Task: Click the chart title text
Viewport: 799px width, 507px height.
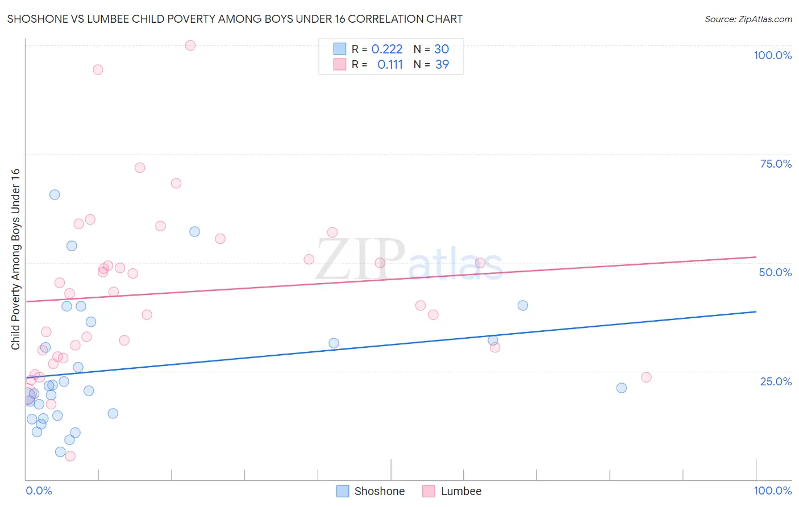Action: pos(235,19)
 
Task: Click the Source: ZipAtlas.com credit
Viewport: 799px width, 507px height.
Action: pos(748,19)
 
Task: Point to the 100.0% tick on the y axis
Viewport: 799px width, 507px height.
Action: pos(772,55)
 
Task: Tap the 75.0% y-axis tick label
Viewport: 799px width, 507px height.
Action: pos(776,164)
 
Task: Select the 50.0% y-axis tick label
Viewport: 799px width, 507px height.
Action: pos(775,272)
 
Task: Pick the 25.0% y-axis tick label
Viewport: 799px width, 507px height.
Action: pos(776,381)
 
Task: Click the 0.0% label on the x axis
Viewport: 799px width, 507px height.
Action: pos(39,491)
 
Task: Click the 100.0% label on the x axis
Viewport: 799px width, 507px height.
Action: pos(772,491)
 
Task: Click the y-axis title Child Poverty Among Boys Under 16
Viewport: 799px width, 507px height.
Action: pos(15,259)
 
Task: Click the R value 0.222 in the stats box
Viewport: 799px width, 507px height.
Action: pos(386,49)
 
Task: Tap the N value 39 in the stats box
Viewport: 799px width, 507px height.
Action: pos(442,64)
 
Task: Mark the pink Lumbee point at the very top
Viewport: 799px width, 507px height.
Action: pos(190,45)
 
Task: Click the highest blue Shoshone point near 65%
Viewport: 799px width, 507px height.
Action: pos(55,194)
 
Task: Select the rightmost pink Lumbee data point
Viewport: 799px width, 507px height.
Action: pos(646,377)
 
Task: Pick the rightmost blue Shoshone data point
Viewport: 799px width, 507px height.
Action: pos(621,388)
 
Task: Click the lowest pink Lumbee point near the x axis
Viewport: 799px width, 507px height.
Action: pos(70,456)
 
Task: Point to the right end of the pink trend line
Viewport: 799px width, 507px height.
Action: pos(756,257)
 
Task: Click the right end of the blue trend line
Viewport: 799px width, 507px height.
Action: pos(756,311)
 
